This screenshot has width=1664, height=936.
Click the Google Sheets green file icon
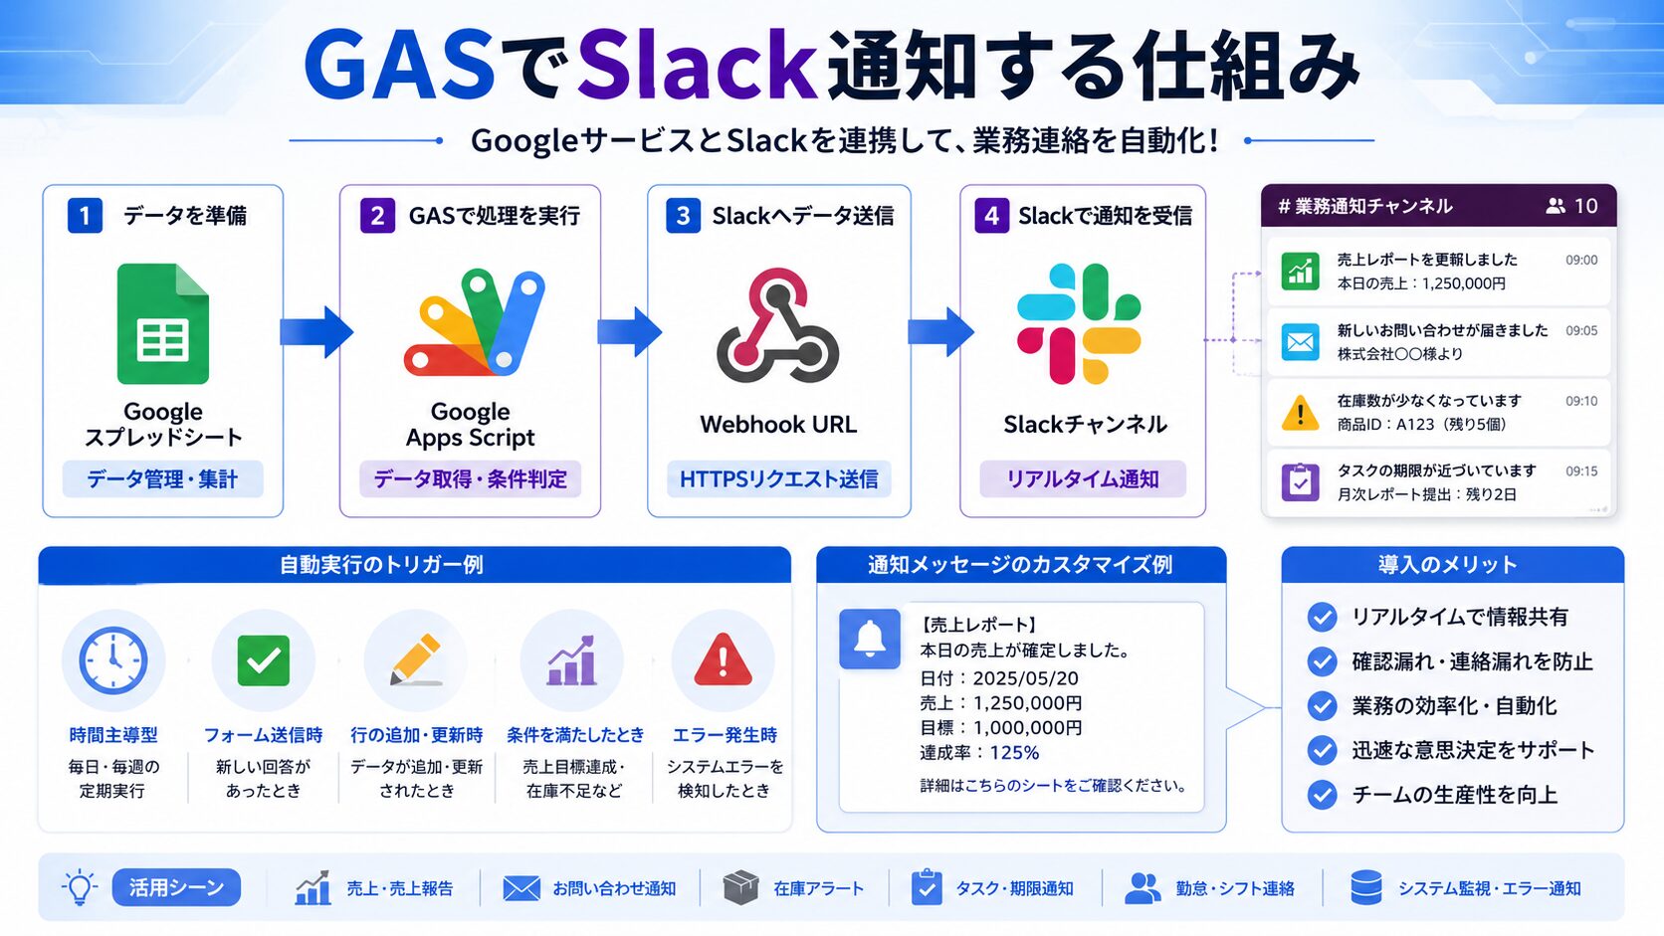(x=162, y=323)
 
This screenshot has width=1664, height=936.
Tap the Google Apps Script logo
(x=474, y=323)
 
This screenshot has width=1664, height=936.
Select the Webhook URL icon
(x=778, y=325)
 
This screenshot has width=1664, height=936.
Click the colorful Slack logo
(x=1079, y=323)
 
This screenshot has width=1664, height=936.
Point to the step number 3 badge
(x=683, y=216)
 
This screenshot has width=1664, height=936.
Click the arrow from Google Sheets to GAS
(x=316, y=331)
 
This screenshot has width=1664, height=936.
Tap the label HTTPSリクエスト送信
(x=778, y=478)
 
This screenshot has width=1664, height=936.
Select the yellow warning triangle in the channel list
(x=1300, y=413)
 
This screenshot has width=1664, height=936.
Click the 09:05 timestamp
(x=1581, y=330)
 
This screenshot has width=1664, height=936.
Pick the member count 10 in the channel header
(x=1586, y=206)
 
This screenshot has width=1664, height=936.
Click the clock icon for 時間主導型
(x=112, y=659)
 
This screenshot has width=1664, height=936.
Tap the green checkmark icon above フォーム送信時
(x=263, y=660)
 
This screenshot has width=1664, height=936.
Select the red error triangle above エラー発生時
(x=723, y=659)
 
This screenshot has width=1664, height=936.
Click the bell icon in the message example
(x=869, y=640)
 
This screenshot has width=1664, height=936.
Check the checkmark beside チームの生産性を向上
(x=1322, y=794)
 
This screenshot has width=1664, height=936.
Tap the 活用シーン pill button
(x=176, y=887)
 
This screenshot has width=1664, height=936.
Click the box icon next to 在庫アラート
(x=740, y=887)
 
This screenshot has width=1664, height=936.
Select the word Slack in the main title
(x=697, y=66)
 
